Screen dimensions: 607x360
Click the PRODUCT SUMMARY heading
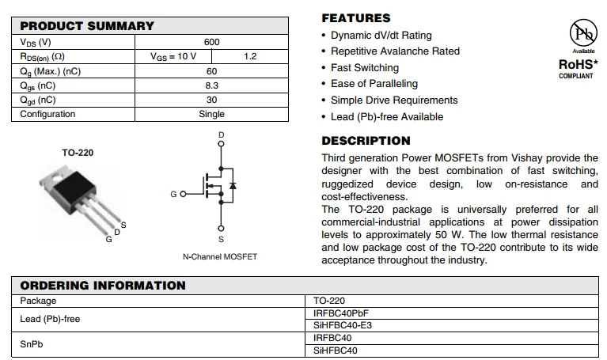pos(87,26)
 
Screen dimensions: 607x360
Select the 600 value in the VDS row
pos(211,42)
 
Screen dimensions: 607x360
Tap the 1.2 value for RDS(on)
pos(251,56)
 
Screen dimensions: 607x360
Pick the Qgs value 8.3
pos(211,85)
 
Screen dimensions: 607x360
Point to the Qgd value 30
pos(211,100)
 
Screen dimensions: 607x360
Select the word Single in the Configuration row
pos(211,114)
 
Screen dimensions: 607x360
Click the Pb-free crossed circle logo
pos(584,33)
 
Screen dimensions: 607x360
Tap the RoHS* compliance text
pos(579,64)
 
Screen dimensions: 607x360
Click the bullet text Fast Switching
pos(365,68)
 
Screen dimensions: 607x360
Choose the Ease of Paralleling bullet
pos(374,84)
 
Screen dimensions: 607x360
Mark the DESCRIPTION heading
pos(366,141)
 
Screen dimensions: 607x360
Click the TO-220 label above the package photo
pos(78,153)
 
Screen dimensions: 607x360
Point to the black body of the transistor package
pos(75,188)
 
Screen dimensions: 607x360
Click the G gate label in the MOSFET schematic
pos(173,194)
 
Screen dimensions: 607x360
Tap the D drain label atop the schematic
pos(221,135)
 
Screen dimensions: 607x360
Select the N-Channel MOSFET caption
pos(220,257)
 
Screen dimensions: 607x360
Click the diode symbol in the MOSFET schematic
pos(232,186)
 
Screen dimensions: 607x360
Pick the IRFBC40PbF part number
pos(341,313)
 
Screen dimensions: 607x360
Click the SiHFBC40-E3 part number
pos(343,325)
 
